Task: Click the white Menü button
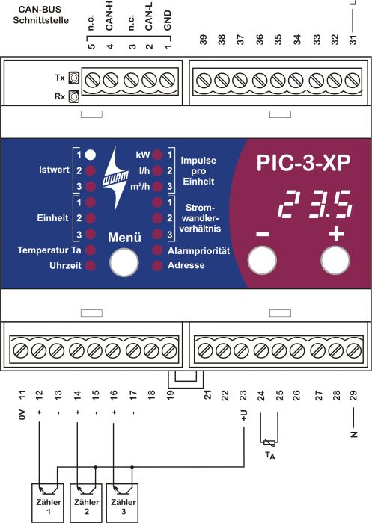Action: (x=124, y=262)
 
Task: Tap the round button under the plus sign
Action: (x=335, y=261)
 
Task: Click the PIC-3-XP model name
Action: (x=303, y=163)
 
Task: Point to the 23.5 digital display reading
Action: (x=315, y=205)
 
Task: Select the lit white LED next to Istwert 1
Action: (x=91, y=155)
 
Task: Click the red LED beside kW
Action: (x=157, y=155)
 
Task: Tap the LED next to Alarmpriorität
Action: (x=157, y=250)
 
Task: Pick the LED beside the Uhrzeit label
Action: (x=91, y=265)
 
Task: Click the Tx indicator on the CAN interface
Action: (x=74, y=78)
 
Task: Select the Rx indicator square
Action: (x=74, y=96)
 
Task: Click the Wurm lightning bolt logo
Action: (x=115, y=179)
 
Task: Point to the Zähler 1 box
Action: (x=48, y=503)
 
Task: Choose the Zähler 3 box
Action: (x=123, y=503)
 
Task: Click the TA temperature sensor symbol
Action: (x=269, y=443)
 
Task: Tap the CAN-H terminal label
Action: (x=109, y=16)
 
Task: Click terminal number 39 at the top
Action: (x=203, y=40)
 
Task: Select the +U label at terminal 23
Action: (x=244, y=415)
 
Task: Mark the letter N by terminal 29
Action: (x=353, y=434)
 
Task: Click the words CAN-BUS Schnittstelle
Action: (x=40, y=15)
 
